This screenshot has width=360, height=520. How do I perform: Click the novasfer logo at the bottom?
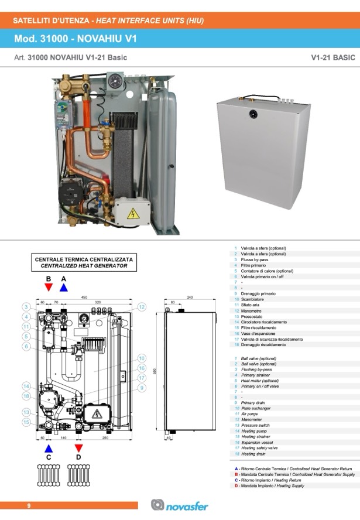[x=180, y=505]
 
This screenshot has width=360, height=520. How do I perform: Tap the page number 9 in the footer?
[x=28, y=505]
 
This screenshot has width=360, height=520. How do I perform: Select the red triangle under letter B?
[x=49, y=288]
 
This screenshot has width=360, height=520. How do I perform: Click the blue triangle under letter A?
[x=64, y=288]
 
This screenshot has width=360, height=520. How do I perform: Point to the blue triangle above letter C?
[x=49, y=448]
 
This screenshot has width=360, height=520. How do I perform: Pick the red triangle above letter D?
[x=78, y=448]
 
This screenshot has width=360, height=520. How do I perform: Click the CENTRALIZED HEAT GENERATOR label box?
[x=84, y=262]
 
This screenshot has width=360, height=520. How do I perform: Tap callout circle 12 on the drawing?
[x=142, y=306]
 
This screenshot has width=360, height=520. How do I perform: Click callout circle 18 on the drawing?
[x=26, y=396]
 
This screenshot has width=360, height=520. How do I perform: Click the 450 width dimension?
[x=84, y=297]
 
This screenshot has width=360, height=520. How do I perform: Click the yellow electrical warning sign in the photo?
[x=132, y=213]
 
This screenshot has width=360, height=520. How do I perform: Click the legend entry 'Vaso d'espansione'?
[x=258, y=333]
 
